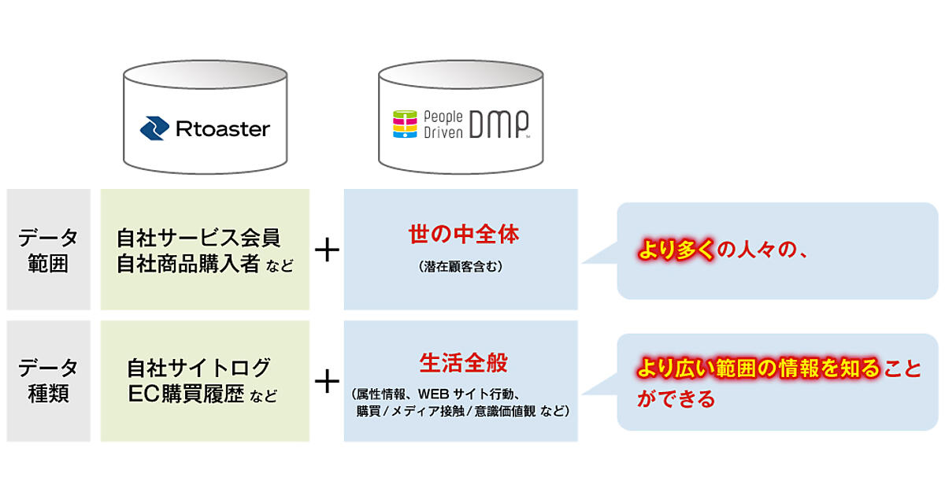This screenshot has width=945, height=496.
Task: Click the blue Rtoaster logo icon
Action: click(154, 128)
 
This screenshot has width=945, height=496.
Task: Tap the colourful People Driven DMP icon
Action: click(404, 124)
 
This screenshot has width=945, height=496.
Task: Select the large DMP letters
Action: click(497, 124)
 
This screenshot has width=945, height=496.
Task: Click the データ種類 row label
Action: click(48, 380)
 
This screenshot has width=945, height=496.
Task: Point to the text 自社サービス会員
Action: click(198, 236)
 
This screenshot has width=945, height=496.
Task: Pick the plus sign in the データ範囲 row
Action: click(327, 250)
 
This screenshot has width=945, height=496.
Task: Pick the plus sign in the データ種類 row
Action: click(327, 381)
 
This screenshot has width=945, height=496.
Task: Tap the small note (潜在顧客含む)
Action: click(461, 268)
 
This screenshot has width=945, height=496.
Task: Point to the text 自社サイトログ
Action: click(199, 367)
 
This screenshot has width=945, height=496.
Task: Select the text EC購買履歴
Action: click(186, 394)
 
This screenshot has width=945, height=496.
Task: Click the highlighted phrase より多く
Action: click(675, 251)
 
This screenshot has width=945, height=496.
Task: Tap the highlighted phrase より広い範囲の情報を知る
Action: click(760, 368)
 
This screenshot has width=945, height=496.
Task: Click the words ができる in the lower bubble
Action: click(676, 398)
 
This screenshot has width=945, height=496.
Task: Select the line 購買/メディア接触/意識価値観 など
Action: click(461, 411)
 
